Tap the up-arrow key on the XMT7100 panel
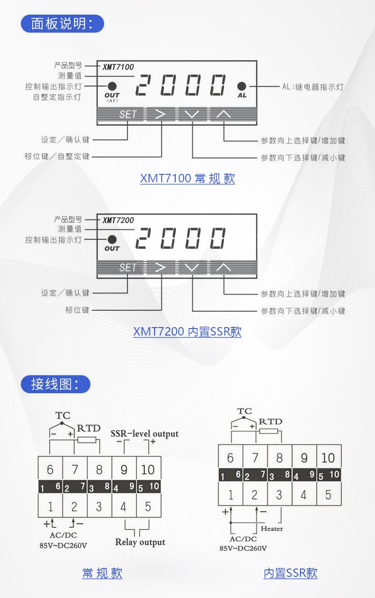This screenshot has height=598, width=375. click(x=224, y=114)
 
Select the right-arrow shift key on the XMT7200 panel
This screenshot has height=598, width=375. click(x=161, y=268)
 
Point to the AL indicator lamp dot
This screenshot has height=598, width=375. click(x=242, y=87)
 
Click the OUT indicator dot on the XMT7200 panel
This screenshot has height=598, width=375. click(x=112, y=239)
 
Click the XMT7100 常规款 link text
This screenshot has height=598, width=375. click(x=187, y=179)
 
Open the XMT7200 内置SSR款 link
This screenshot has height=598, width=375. click(x=187, y=332)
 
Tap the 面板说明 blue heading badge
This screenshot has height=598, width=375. click(x=62, y=23)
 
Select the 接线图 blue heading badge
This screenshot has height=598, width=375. click(x=55, y=384)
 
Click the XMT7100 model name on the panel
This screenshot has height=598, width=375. click(x=118, y=67)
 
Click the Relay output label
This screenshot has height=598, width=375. click(x=140, y=542)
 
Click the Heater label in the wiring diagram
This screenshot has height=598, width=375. click(x=272, y=529)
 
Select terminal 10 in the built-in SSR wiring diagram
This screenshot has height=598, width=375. click(x=328, y=458)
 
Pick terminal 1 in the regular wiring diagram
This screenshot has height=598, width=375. click(x=50, y=506)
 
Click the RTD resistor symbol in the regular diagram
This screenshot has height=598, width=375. click(x=87, y=440)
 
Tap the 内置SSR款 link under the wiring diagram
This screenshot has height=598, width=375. click(x=291, y=573)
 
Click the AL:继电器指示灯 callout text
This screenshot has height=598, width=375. click(x=313, y=87)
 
